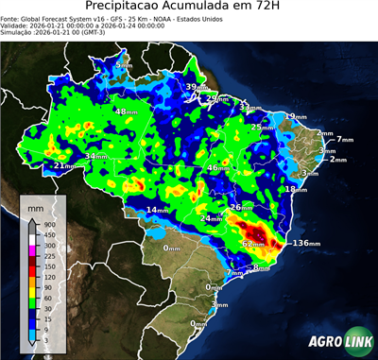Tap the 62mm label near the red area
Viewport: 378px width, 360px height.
tap(253, 244)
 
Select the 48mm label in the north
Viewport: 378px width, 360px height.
tap(125, 111)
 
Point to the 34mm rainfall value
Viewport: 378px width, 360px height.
tap(96, 157)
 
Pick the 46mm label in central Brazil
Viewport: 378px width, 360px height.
tap(217, 168)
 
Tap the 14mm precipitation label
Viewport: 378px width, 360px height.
tap(158, 210)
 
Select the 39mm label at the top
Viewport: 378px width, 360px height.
tap(194, 87)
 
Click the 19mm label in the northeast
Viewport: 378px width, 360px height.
tap(298, 116)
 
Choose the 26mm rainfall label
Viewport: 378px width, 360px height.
tap(242, 207)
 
